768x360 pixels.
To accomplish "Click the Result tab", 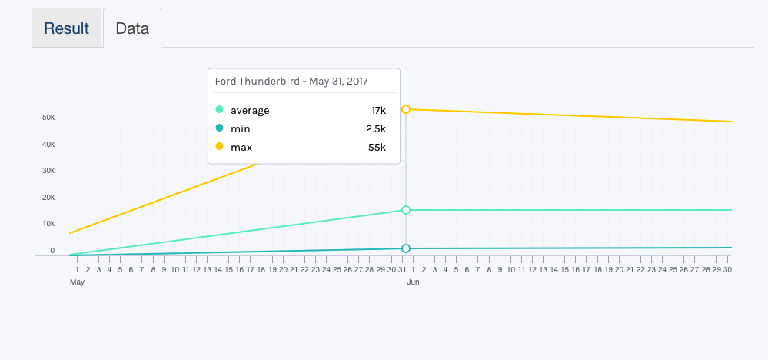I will tap(66, 28).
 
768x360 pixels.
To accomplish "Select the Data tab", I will tap(132, 28).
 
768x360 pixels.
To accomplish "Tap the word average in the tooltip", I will tap(250, 110).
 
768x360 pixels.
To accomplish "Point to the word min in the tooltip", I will tap(240, 128).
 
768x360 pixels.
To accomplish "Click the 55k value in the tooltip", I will tap(377, 147).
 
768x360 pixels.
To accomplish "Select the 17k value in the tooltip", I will tap(378, 110).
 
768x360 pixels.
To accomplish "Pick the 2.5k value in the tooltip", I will tap(376, 128).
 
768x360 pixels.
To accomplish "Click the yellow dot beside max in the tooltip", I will tap(220, 147).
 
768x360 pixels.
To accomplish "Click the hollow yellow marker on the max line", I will tap(406, 109).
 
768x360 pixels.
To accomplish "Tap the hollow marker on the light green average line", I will tap(406, 210).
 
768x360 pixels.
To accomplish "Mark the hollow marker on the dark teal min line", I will tap(406, 248).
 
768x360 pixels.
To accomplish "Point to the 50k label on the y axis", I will tap(48, 118).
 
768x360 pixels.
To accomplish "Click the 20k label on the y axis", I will tap(48, 198).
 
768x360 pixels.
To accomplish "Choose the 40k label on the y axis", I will tap(48, 145).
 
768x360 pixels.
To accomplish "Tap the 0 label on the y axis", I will tap(52, 251).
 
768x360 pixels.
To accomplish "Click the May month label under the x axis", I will tap(77, 282).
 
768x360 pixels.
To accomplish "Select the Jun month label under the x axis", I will tap(413, 282).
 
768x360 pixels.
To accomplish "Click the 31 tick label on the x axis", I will tap(402, 269).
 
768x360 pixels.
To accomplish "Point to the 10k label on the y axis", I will tap(48, 224).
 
